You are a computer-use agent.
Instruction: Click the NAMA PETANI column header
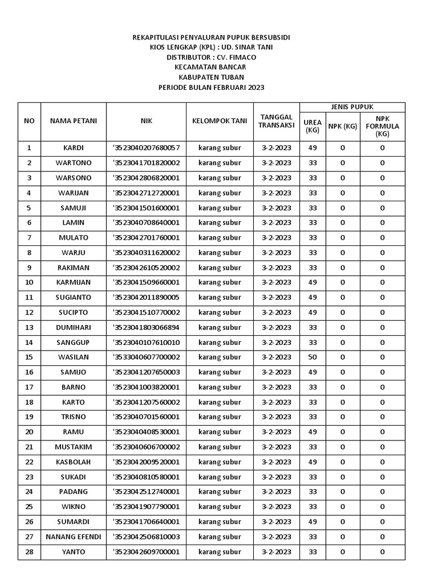[x=73, y=120]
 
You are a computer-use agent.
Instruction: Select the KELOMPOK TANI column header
[x=220, y=120]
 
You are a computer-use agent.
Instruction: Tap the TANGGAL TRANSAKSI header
[x=276, y=121]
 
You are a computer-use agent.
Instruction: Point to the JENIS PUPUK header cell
[x=352, y=107]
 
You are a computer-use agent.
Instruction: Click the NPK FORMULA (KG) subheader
[x=382, y=126]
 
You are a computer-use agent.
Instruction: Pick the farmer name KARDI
[x=73, y=148]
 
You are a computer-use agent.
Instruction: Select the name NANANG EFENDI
[x=73, y=537]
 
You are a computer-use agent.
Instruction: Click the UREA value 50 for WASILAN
[x=313, y=357]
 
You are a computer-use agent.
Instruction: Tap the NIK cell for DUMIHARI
[x=146, y=327]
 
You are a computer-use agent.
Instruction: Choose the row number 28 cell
[x=29, y=551]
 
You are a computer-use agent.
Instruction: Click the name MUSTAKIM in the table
[x=73, y=447]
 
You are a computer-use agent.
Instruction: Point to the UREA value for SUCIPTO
[x=313, y=312]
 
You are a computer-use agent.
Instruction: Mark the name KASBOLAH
[x=73, y=462]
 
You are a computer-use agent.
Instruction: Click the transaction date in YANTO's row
[x=276, y=551]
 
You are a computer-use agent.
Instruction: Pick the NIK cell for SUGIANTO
[x=146, y=297]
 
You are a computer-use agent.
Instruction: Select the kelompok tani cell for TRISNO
[x=220, y=417]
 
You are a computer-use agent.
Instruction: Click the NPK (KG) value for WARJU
[x=342, y=253]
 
